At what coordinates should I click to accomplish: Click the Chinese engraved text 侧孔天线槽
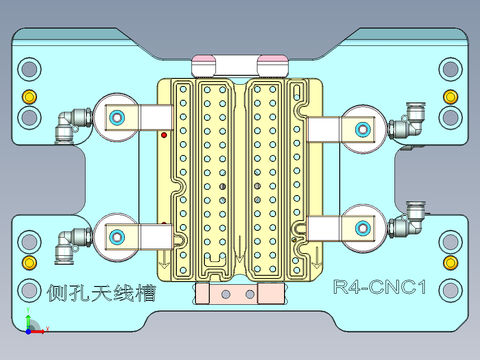[x=102, y=293]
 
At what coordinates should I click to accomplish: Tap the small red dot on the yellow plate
[x=164, y=135]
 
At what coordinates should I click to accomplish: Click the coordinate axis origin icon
[x=28, y=331]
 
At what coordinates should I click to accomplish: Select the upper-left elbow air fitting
[x=71, y=125]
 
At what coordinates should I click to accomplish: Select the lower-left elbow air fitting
[x=71, y=243]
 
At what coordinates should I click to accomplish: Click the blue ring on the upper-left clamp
[x=118, y=118]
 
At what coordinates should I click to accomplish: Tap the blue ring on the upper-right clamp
[x=362, y=130]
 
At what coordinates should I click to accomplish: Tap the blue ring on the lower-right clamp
[x=362, y=228]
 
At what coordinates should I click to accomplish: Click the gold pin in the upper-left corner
[x=29, y=96]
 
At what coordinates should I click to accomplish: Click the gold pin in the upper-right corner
[x=450, y=96]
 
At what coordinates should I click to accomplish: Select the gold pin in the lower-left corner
[x=29, y=262]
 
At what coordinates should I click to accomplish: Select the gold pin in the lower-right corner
[x=450, y=262]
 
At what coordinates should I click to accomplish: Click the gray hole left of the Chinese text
[x=29, y=290]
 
